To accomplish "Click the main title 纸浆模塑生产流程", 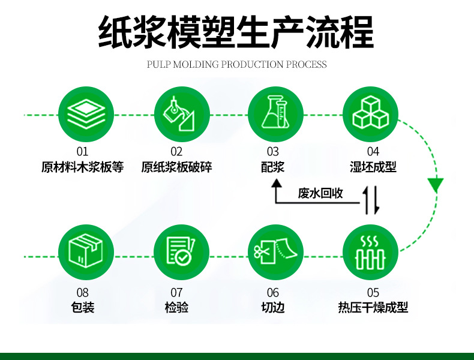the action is pos(236,31).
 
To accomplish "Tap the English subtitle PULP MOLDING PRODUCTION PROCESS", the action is pos(236,64).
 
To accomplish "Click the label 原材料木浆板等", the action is pos(82,167).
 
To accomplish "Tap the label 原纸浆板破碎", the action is pos(177,167).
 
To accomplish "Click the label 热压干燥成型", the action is pos(373,308).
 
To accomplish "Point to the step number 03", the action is pos(273,152).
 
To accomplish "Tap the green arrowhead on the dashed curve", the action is pos(436,184).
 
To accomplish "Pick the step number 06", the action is pos(273,293).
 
